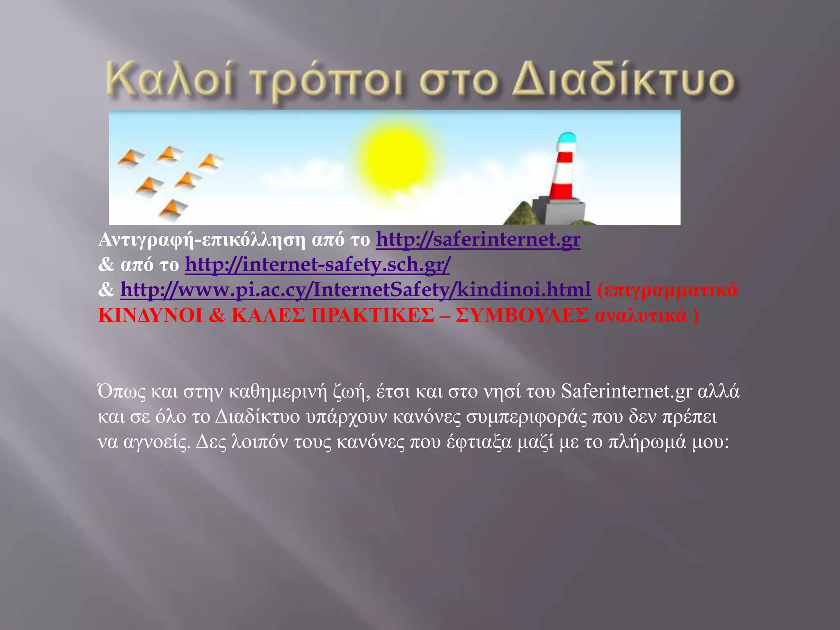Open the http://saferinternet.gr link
pos(478,239)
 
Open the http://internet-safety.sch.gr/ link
pos(317,265)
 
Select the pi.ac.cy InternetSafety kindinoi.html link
pos(355,290)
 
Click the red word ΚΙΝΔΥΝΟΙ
pos(151,315)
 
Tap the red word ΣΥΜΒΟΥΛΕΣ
pos(521,315)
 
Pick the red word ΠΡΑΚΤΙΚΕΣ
pos(372,315)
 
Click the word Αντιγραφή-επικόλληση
pos(201,240)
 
